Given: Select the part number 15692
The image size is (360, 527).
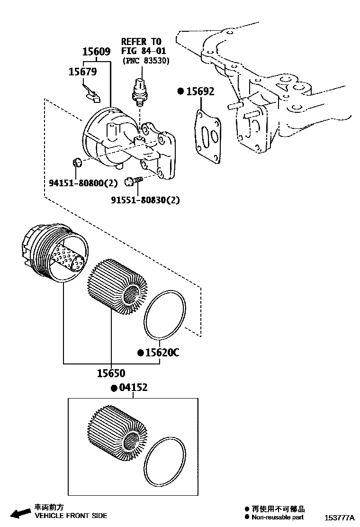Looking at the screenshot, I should (199, 91).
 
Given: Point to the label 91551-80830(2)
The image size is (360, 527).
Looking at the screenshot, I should (145, 200).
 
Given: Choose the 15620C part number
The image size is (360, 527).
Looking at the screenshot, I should (162, 353).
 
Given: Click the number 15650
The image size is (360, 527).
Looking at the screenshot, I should (111, 373).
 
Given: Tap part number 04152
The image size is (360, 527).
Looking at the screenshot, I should (133, 388).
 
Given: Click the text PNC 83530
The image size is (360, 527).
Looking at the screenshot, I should (146, 61).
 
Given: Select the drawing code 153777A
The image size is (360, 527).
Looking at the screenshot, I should (339, 518).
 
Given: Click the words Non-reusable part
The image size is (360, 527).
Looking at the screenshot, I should (277, 518).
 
